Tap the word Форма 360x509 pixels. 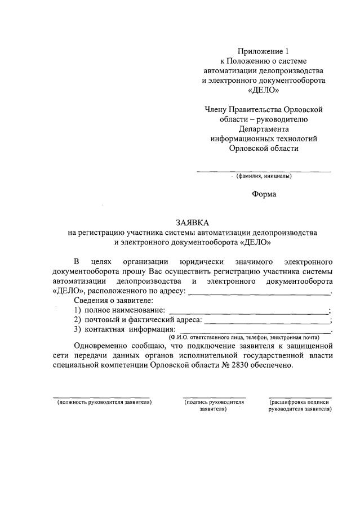coord(264,194)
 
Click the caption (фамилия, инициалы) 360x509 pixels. coord(264,176)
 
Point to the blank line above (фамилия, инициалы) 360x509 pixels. coord(264,171)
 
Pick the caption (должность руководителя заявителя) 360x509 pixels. coord(104,403)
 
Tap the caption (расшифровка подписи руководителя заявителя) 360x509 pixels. coord(300,406)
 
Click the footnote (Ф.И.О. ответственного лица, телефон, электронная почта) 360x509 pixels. coord(243,337)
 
